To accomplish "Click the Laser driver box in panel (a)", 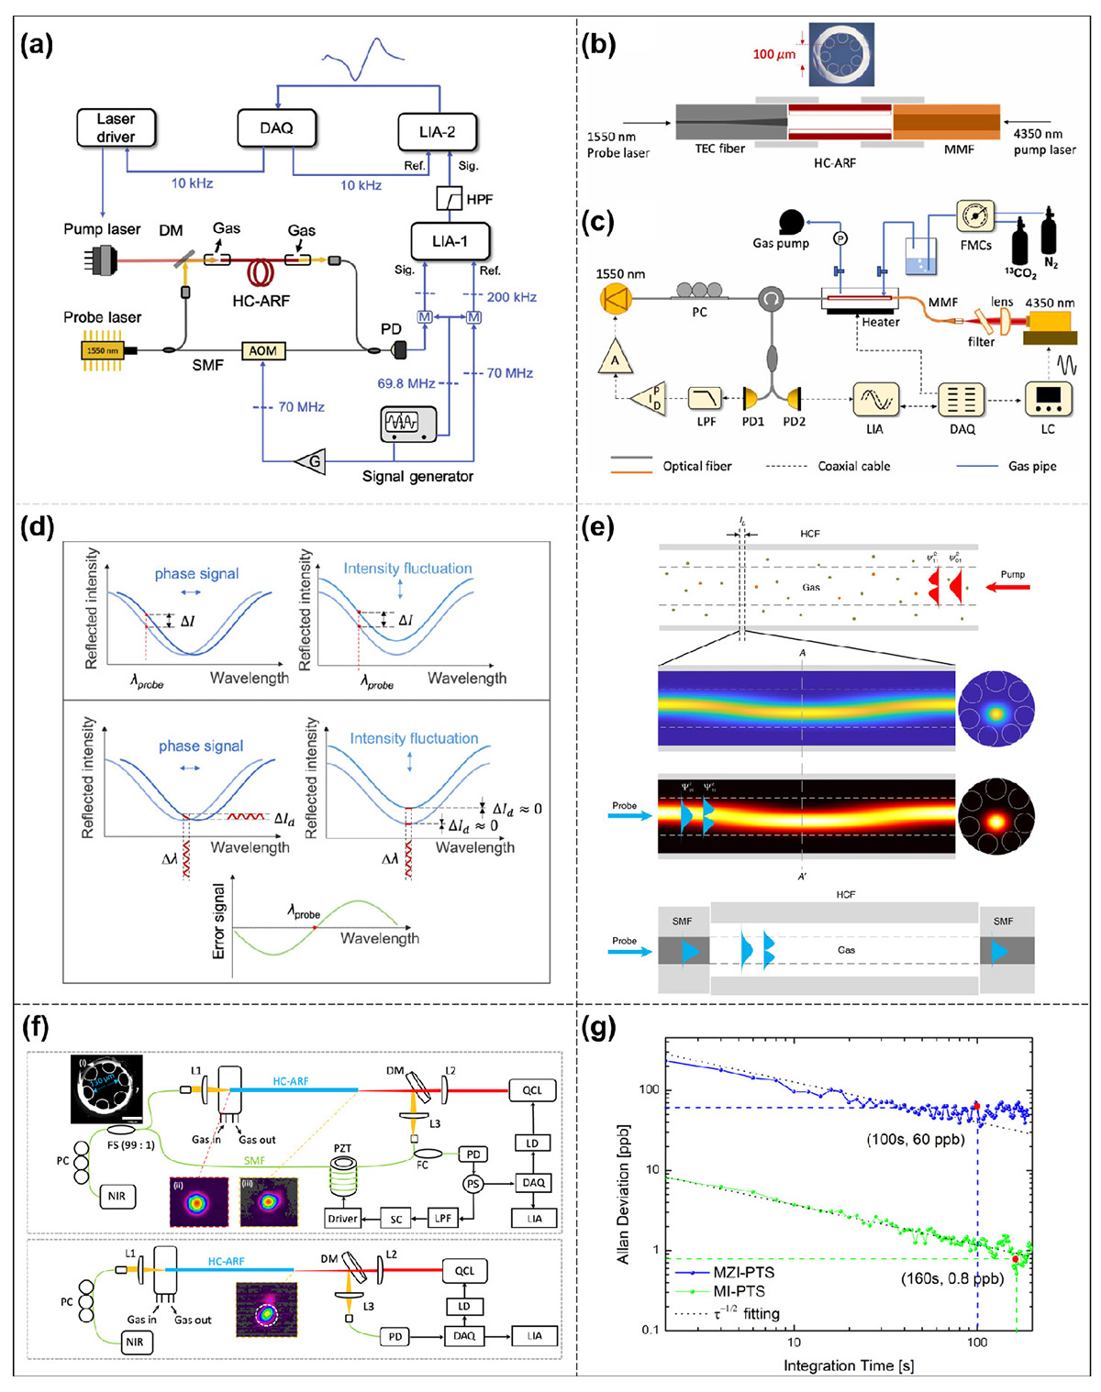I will pyautogui.click(x=116, y=127).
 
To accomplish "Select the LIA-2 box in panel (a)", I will pyautogui.click(x=438, y=132).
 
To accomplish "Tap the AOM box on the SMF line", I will pyautogui.click(x=262, y=351).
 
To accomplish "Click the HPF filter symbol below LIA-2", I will pyautogui.click(x=450, y=198).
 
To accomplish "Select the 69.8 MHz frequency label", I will pyautogui.click(x=406, y=383).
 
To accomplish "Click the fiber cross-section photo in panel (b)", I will pyautogui.click(x=840, y=55).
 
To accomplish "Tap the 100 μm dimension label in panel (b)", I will pyautogui.click(x=773, y=54).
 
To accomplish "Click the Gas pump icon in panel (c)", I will pyautogui.click(x=790, y=223).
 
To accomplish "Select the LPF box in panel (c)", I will pyautogui.click(x=706, y=398).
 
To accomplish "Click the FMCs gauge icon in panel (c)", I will pyautogui.click(x=975, y=216).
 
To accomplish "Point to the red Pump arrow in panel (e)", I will pyautogui.click(x=1011, y=588).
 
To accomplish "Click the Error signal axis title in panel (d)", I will pyautogui.click(x=218, y=921).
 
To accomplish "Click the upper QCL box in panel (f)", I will pyautogui.click(x=532, y=1090).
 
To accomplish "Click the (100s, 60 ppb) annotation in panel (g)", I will pyautogui.click(x=916, y=1140).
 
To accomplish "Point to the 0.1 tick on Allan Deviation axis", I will pyautogui.click(x=648, y=1330).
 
